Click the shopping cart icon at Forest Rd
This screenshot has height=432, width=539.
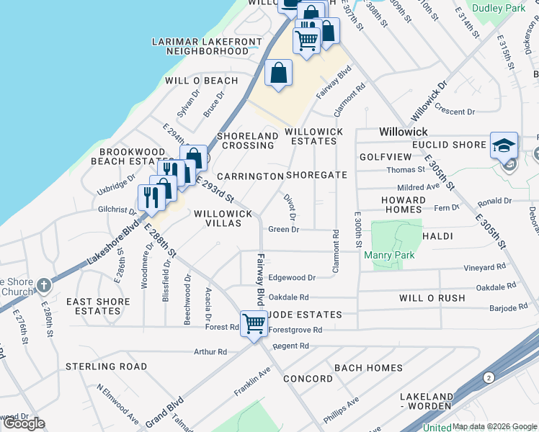(x=254, y=324)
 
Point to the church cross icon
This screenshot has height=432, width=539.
(x=45, y=285)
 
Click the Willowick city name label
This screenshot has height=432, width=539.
(x=404, y=132)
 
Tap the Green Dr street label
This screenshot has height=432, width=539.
(x=283, y=230)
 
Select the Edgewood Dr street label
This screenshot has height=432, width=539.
(x=292, y=277)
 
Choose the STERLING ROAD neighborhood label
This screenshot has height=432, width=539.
(x=106, y=366)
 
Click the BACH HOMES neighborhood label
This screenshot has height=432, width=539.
(x=368, y=368)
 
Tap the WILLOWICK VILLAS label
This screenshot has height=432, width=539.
(x=223, y=219)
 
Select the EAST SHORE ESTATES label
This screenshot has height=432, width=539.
(x=98, y=307)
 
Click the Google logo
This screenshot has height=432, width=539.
(x=24, y=423)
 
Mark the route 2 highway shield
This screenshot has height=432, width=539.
(x=489, y=377)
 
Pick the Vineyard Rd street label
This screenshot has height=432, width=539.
(x=484, y=267)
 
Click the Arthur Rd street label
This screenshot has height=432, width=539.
(x=210, y=352)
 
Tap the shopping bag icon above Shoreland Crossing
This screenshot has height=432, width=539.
(x=278, y=73)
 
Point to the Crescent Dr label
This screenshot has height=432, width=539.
(x=454, y=112)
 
